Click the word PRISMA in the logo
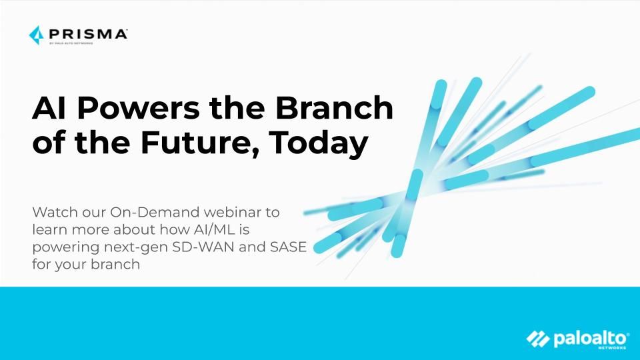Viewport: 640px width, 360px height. click(x=88, y=34)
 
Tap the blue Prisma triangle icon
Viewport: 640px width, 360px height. click(x=36, y=35)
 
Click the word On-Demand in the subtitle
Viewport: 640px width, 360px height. click(x=155, y=212)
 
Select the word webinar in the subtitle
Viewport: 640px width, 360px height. click(x=232, y=212)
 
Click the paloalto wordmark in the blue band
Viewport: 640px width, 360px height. click(x=591, y=339)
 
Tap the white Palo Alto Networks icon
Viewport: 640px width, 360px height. click(x=538, y=339)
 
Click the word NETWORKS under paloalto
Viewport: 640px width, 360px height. click(x=612, y=348)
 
